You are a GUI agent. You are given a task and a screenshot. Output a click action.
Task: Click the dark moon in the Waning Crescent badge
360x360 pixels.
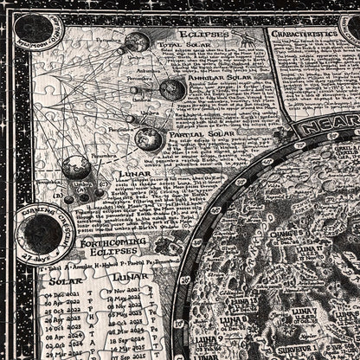coord(41,234)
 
